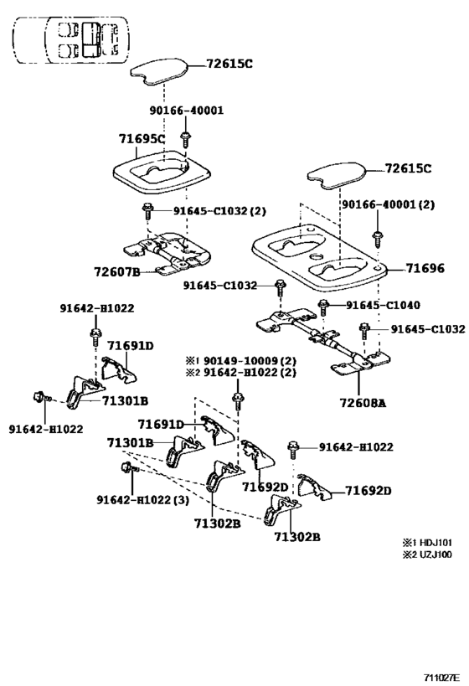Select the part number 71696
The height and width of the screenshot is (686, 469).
pyautogui.click(x=425, y=269)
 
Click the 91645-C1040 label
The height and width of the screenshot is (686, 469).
pyautogui.click(x=384, y=305)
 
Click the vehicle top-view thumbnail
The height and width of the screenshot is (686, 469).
pyautogui.click(x=71, y=39)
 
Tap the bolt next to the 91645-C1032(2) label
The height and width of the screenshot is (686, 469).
pyautogui.click(x=148, y=210)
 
